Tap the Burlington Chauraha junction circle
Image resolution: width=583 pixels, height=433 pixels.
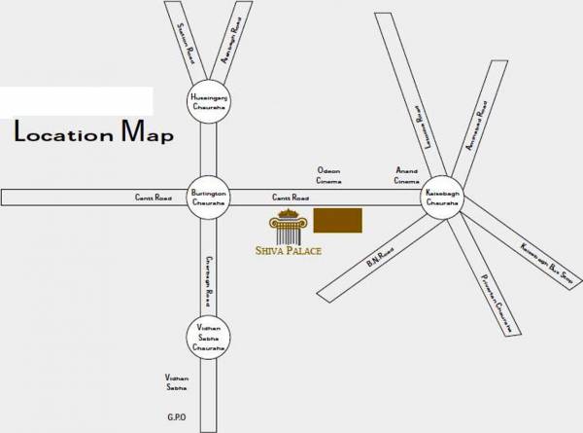point(208,198)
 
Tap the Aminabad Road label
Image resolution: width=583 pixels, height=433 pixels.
point(231,44)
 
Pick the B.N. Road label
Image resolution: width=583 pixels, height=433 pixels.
point(379,256)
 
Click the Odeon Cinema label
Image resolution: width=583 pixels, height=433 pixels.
point(329,175)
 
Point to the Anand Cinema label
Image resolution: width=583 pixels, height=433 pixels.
point(405,175)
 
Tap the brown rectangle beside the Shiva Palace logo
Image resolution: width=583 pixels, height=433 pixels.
point(338,221)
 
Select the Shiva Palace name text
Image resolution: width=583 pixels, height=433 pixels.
point(295,251)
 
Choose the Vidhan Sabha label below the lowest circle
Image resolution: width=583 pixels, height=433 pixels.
point(176,381)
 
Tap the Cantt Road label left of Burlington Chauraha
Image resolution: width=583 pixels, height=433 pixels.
point(153,198)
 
